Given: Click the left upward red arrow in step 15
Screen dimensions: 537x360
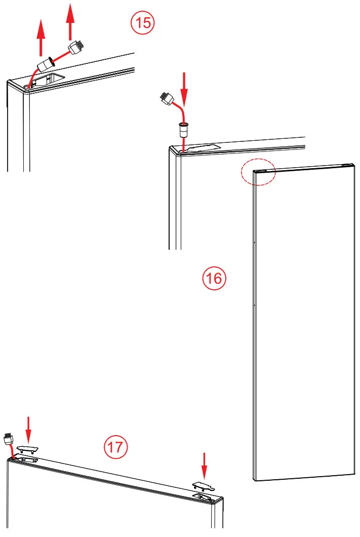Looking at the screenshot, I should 41,39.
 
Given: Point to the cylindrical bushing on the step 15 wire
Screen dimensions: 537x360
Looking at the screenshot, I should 47,65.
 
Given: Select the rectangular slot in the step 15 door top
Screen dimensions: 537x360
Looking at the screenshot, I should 52,78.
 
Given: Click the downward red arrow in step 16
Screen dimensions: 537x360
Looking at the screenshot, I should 184,88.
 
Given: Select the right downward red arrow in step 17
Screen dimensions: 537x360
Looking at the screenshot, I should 204,465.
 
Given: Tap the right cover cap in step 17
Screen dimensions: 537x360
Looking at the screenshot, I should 204,486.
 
